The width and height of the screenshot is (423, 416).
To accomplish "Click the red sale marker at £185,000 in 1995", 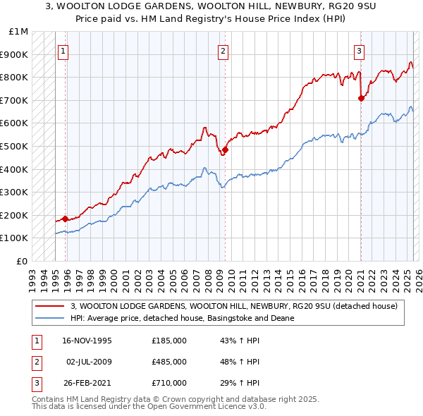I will (x=65, y=219).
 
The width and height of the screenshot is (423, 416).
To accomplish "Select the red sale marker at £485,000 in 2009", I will (x=225, y=149).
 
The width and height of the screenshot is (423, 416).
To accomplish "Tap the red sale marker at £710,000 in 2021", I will (x=361, y=98).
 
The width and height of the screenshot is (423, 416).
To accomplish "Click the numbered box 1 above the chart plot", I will (x=63, y=50).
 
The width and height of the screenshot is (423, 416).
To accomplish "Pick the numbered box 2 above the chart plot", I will (x=223, y=50).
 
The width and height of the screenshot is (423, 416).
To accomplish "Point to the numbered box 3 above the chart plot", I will (x=359, y=50).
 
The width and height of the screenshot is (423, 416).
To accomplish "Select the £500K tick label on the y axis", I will (x=15, y=146).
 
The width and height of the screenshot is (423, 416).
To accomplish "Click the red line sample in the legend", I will (x=49, y=306).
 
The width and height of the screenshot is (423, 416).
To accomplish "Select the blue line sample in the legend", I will (x=49, y=318).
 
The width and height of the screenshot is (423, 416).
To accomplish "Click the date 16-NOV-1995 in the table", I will (x=87, y=340).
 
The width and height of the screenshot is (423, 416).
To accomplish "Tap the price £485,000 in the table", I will (x=169, y=362).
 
